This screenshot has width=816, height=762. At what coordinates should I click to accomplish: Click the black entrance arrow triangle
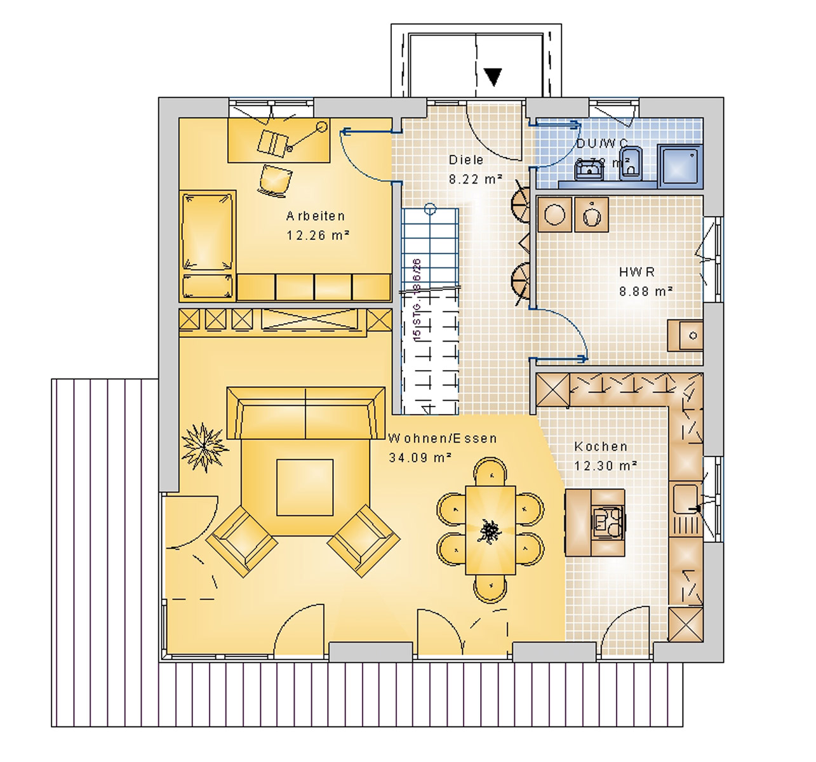tap(493, 77)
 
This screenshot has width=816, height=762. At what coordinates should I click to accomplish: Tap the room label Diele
tap(466, 160)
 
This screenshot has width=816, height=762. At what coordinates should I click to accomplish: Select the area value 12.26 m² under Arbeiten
tap(318, 236)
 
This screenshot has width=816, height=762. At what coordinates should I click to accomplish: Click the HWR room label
tap(637, 272)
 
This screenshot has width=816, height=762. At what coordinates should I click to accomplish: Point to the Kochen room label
tap(601, 447)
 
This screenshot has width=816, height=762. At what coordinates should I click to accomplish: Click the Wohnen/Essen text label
tap(443, 439)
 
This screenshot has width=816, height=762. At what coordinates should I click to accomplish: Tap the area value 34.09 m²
tap(420, 457)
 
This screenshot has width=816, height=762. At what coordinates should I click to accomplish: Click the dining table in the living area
tap(490, 530)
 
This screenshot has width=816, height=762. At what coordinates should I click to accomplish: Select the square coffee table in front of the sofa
tap(305, 488)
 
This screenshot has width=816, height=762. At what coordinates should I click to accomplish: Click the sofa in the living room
tap(306, 413)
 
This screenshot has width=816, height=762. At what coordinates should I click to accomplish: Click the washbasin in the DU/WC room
tap(589, 169)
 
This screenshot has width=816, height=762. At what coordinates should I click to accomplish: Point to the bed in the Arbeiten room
tap(207, 244)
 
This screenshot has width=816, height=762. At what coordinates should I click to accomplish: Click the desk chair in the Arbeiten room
tap(275, 180)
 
